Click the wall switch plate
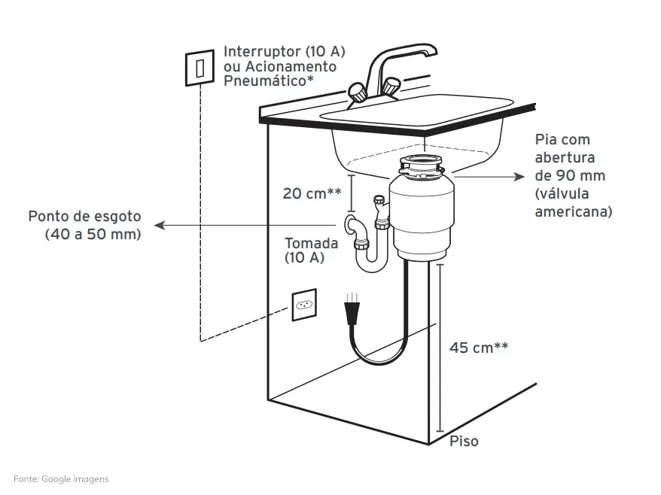coord(200,68)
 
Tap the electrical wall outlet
coord(304,305)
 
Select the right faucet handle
coord(391,87)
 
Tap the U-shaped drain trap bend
coord(371,263)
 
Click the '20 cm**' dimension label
coord(312,193)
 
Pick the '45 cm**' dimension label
coord(479,348)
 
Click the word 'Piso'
coord(465,441)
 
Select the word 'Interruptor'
coord(262,51)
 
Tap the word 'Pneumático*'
coord(269,80)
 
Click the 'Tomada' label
coord(311,243)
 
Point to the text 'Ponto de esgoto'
coord(85,216)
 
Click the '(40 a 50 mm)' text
coord(93,234)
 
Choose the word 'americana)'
coord(574,211)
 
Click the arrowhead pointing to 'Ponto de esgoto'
coord(159,226)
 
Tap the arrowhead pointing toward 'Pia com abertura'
coord(519,177)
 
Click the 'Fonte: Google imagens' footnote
coord(61,479)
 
